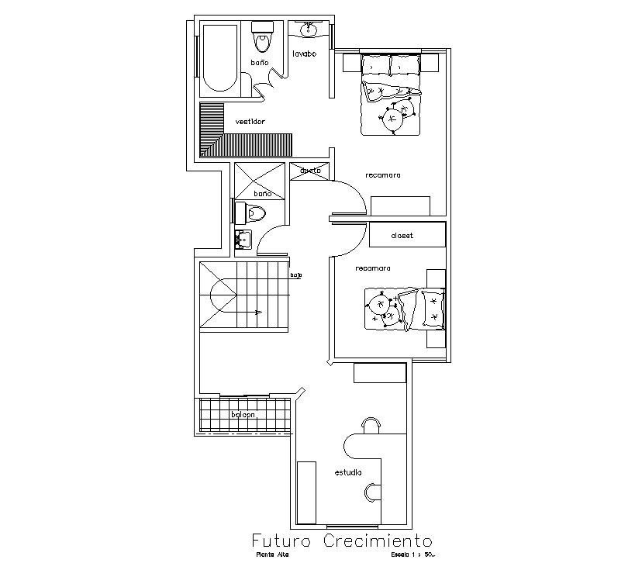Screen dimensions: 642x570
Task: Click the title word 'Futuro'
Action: point(281,540)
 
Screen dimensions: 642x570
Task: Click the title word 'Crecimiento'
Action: point(378,540)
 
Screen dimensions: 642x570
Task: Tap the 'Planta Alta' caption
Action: point(271,554)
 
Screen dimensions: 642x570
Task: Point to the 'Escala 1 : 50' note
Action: point(413,554)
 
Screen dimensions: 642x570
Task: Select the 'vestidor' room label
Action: point(250,122)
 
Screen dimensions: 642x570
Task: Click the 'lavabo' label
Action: point(304,54)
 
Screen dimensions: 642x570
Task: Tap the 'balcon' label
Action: point(243,415)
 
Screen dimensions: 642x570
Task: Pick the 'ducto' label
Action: point(310,171)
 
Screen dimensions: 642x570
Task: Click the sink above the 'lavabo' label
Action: point(310,29)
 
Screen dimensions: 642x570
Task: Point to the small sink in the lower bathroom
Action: point(243,240)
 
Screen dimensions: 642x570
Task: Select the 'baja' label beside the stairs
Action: point(295,275)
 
